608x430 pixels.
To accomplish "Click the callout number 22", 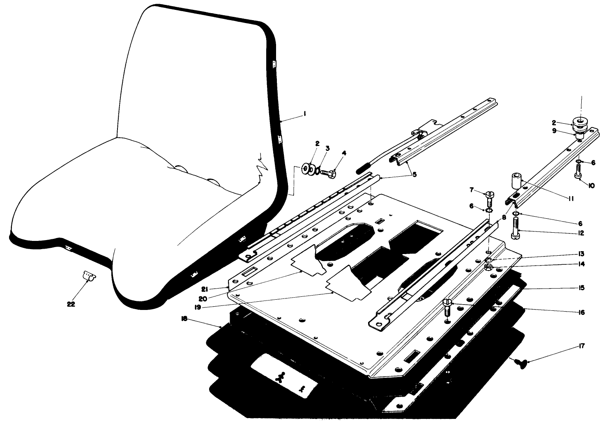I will point(71,305).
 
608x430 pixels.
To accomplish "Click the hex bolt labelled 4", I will point(329,174).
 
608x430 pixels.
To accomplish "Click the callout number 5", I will point(415,174).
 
